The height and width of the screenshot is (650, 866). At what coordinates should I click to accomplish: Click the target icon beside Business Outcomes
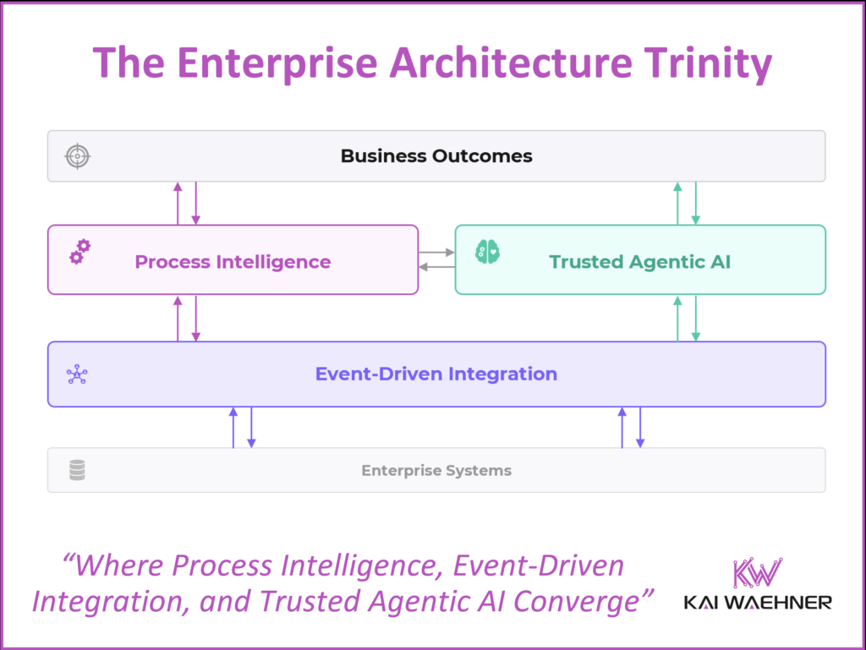tap(77, 156)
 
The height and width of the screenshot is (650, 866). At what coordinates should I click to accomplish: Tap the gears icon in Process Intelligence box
tap(79, 251)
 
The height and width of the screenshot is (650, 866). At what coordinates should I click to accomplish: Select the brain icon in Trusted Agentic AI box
tap(487, 251)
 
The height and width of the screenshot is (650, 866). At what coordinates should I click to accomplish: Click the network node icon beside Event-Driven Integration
tap(77, 374)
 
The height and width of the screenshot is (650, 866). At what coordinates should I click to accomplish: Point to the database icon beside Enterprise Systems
tap(77, 470)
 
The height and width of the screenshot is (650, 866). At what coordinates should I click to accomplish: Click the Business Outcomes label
tap(436, 156)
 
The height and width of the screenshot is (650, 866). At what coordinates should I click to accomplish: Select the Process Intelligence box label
tap(233, 261)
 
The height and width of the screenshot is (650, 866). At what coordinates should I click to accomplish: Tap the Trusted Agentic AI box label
tap(639, 261)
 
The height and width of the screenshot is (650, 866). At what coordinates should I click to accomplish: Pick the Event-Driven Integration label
tap(436, 374)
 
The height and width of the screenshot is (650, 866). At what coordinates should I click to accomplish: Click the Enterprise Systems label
tap(436, 470)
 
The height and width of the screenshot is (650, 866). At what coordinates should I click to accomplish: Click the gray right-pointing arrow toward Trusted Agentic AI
tap(437, 252)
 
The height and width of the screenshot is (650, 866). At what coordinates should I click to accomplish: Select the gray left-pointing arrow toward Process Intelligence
tap(437, 267)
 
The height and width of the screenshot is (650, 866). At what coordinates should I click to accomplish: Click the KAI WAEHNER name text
tap(757, 603)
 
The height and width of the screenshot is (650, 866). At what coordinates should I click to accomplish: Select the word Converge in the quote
tap(589, 601)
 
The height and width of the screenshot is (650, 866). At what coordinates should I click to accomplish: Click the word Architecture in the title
tap(503, 63)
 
